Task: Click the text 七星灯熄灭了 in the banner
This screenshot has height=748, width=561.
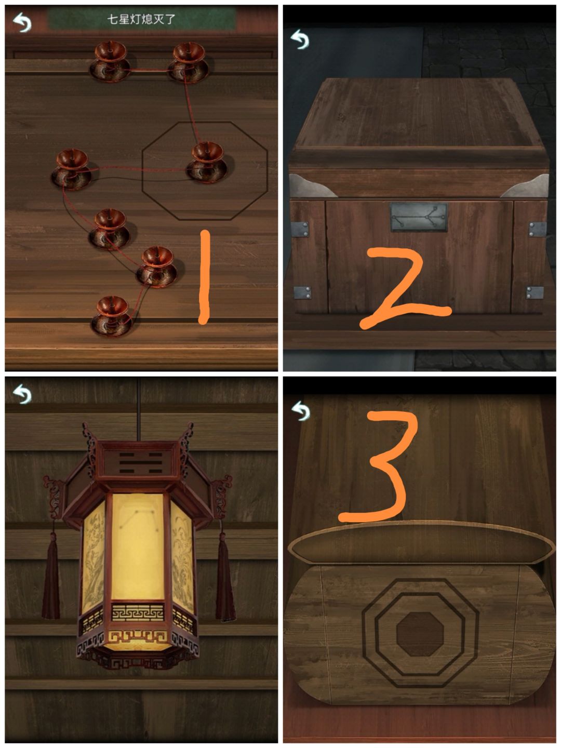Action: pos(141,19)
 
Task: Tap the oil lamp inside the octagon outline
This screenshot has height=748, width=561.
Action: pos(207,162)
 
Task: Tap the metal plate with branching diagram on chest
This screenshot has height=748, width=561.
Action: pos(418,217)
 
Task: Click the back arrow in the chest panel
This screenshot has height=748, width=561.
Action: pos(300,39)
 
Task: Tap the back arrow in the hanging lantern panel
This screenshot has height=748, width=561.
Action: pos(22,394)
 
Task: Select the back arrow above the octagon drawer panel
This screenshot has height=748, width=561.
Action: pos(301,411)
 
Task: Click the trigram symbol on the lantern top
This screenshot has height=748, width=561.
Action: pos(140,463)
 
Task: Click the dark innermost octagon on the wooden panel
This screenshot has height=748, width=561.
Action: pos(420,634)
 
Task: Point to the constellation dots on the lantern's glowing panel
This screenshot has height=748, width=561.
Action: pos(139,522)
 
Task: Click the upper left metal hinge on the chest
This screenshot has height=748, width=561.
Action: pos(300,229)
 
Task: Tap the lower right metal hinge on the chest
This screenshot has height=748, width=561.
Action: pos(535,293)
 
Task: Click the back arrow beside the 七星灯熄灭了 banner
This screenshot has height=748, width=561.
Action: pos(22,22)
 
